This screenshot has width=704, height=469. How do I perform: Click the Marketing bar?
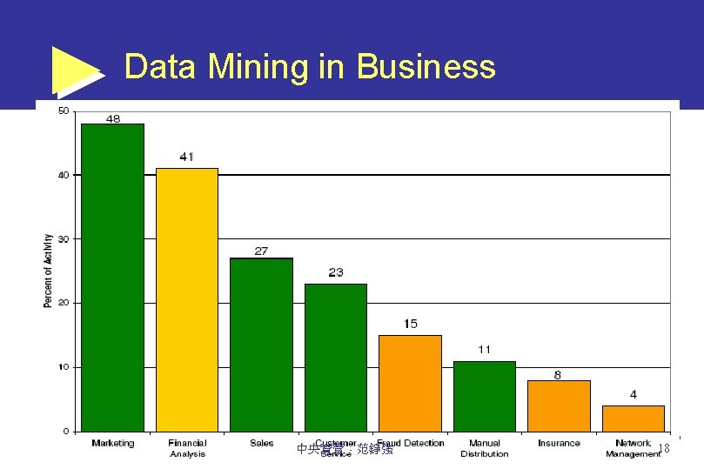pos(112,277)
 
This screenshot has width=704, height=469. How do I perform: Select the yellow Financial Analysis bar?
pos(187,299)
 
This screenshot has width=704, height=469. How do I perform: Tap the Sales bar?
pos(261,345)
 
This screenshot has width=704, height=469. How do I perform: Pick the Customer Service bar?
pos(336,357)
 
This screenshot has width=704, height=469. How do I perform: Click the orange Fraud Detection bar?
pos(410,383)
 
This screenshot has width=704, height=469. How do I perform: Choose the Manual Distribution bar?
pos(484,396)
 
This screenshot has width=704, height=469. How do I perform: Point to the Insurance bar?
pos(559,405)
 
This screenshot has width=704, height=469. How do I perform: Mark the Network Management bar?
pos(633,419)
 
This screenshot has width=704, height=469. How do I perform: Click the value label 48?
pos(113,117)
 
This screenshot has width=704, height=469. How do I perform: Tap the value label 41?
pos(187,157)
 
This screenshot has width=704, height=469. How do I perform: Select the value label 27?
pos(261,251)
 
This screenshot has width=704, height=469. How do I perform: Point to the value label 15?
pos(410,324)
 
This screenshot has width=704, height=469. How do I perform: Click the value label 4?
pos(634,394)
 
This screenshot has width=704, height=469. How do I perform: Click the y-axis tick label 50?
pos(64,111)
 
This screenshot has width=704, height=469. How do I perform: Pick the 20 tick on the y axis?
pos(64,303)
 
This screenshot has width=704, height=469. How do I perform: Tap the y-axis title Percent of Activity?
pos(48,271)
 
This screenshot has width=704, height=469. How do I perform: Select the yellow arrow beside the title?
pos(77,70)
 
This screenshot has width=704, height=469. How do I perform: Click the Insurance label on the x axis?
pos(559,443)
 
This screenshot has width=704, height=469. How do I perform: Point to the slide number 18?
pos(663,448)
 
